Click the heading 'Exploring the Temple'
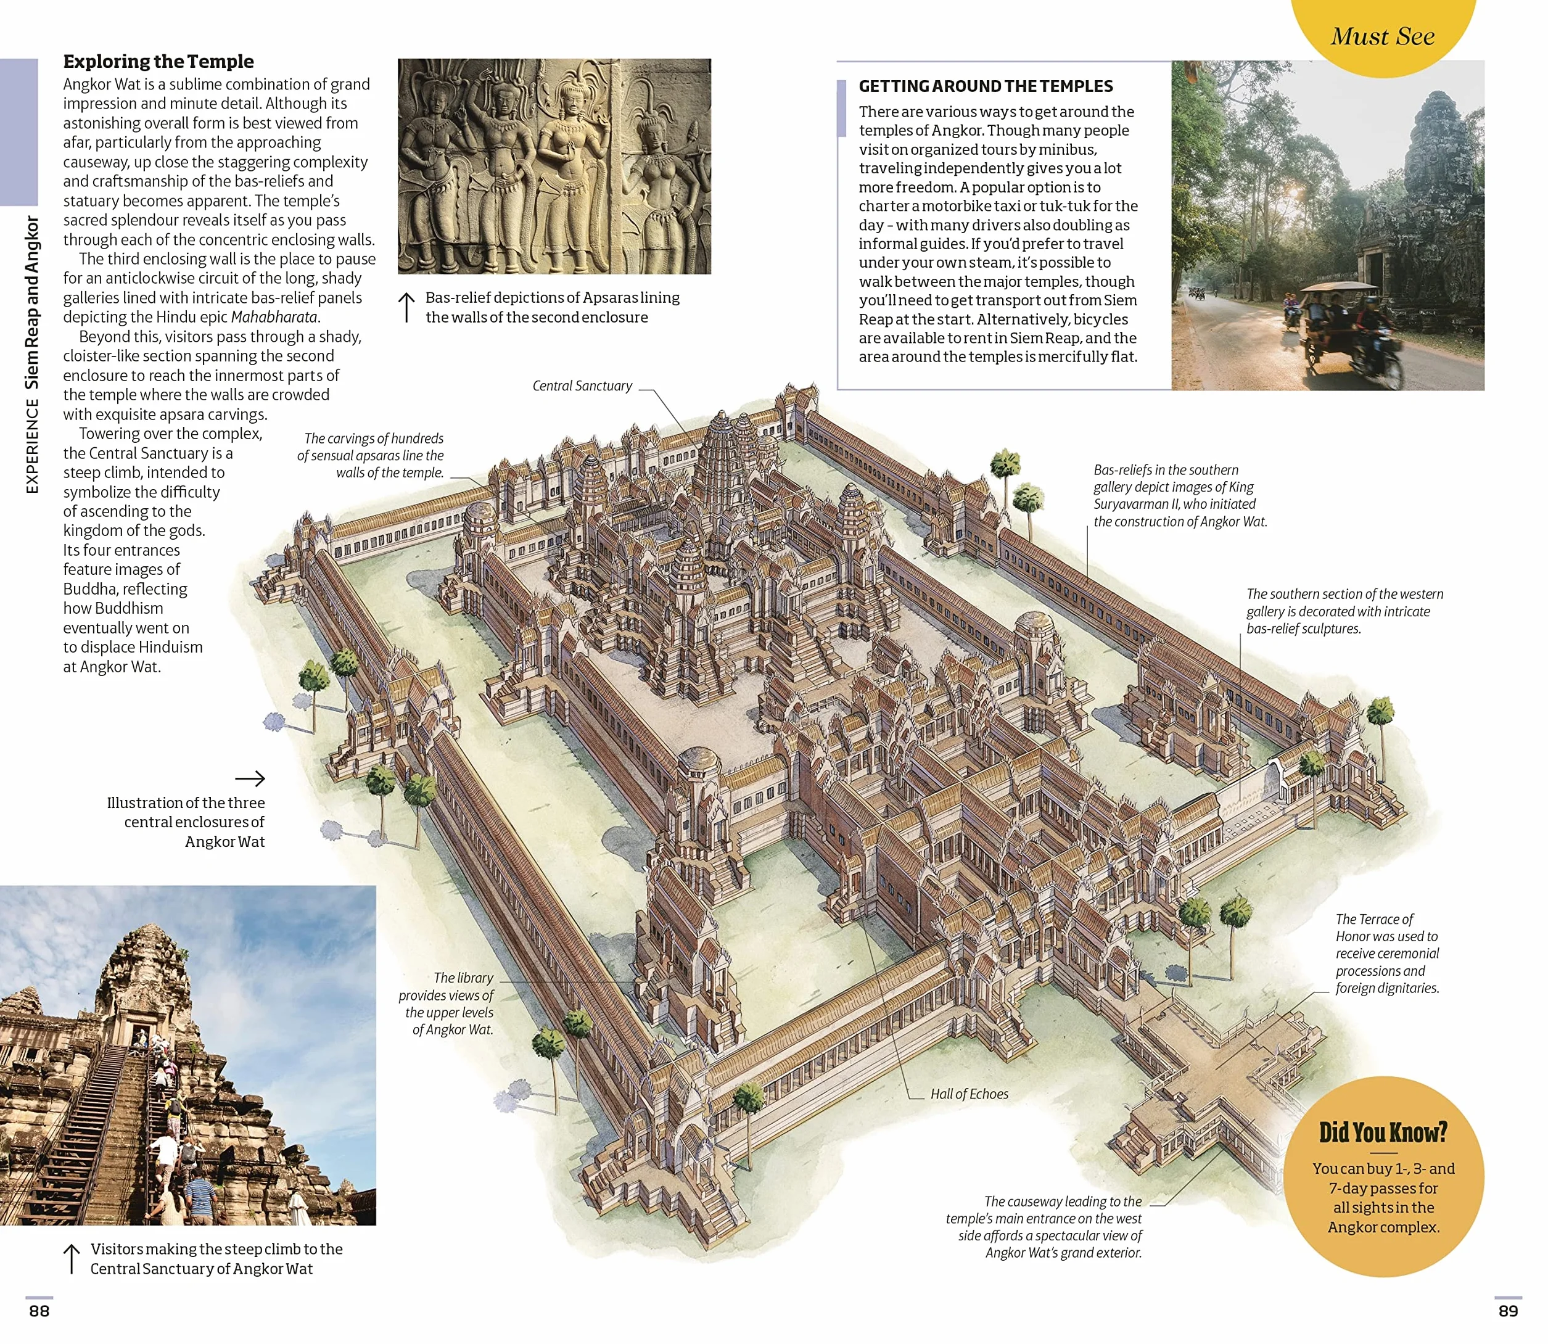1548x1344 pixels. point(159,62)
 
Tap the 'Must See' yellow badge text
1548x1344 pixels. point(1382,36)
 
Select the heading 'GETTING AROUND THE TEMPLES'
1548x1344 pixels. point(986,86)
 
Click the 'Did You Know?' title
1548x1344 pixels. point(1383,1132)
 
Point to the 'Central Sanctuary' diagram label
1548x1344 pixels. point(582,385)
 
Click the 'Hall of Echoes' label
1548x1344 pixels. point(969,1094)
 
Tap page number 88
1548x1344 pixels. point(39,1310)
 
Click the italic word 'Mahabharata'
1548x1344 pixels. point(274,317)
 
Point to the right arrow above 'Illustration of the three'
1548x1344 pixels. point(250,778)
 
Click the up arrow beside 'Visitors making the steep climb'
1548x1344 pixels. point(72,1258)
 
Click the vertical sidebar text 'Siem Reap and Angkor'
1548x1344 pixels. point(31,302)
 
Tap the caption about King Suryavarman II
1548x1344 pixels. point(1180,496)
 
